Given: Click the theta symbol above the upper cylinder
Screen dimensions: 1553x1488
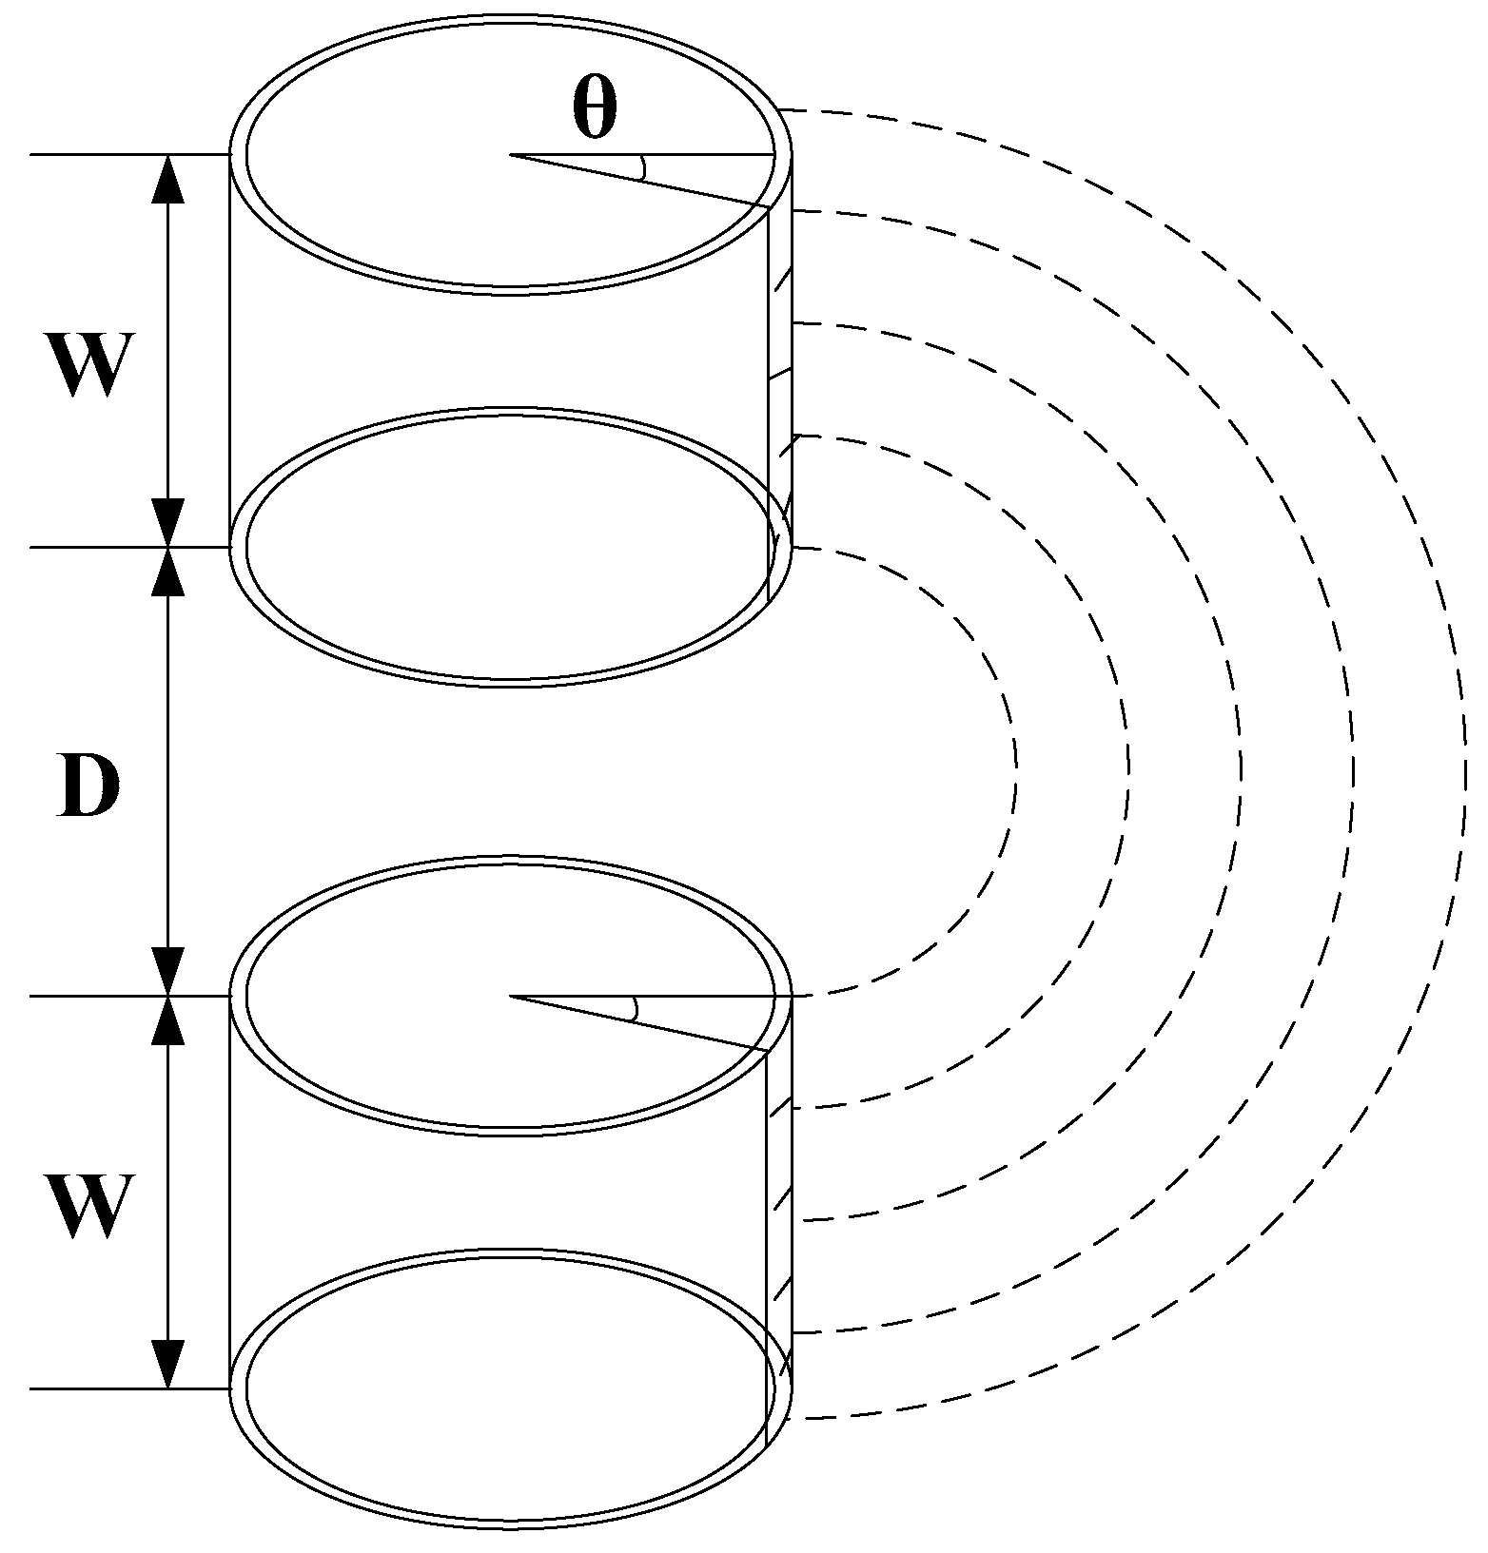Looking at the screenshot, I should click(595, 107).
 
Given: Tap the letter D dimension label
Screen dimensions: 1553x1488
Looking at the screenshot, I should click(87, 786).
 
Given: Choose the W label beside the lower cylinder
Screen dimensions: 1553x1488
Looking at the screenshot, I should click(87, 1206).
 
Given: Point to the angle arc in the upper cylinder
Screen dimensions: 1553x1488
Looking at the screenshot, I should click(644, 167).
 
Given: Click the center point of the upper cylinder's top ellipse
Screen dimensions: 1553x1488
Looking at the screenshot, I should click(511, 154).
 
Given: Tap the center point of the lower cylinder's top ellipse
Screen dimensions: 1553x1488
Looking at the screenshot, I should click(511, 996).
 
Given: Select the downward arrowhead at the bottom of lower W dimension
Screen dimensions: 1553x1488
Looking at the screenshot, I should click(168, 1365).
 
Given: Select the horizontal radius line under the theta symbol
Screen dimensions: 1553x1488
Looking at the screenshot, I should click(666, 154).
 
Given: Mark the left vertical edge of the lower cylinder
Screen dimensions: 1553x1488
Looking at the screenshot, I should click(231, 1193).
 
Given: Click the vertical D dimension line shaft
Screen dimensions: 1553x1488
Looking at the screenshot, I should click(168, 771).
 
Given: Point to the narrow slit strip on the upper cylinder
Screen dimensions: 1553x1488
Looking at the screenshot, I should click(779, 380).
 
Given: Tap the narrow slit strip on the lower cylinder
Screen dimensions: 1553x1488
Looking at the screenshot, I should click(779, 1227).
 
